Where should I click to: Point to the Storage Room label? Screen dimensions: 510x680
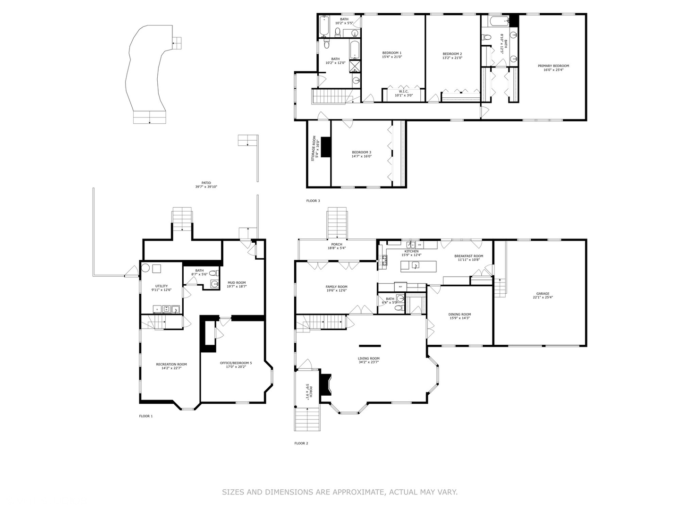coord(313,148)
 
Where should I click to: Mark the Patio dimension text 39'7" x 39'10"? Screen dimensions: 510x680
coord(206,187)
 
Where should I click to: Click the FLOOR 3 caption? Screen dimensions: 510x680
coord(313,201)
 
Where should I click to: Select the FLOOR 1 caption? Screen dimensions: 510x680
coord(145,416)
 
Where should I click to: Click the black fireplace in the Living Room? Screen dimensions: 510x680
coord(325,384)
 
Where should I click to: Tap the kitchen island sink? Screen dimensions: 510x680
coord(416,265)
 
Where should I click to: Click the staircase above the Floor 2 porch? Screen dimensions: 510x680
coord(337,223)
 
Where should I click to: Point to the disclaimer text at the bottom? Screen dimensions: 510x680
coord(340,492)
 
